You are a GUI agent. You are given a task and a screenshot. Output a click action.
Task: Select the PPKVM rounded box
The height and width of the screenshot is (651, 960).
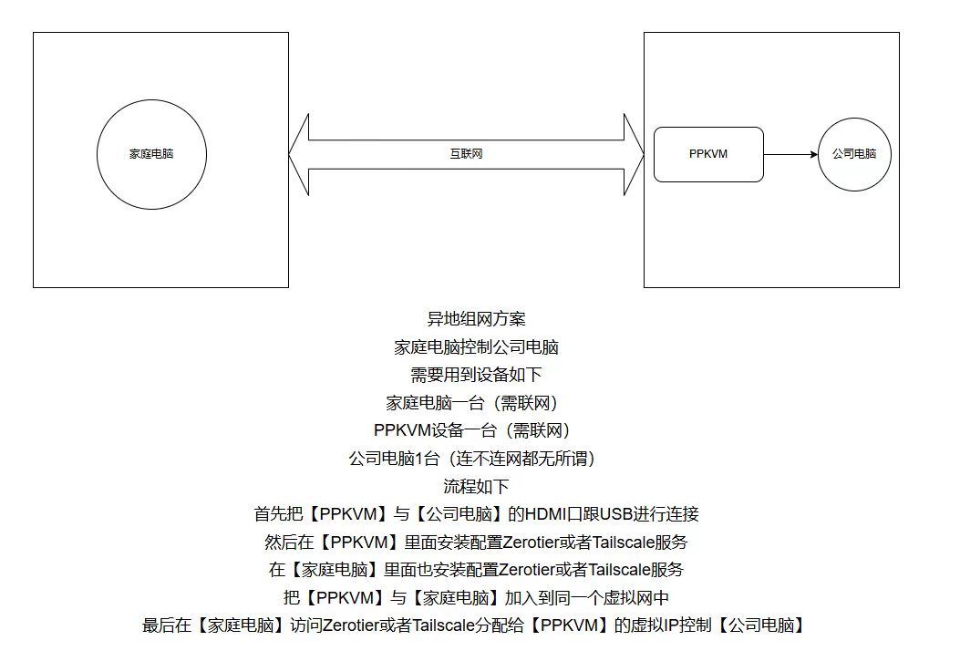click(x=708, y=154)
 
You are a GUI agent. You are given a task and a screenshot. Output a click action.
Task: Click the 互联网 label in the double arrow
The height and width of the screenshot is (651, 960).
click(x=466, y=154)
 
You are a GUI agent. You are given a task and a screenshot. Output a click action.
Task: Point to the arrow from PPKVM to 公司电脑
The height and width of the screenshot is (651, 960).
click(x=790, y=154)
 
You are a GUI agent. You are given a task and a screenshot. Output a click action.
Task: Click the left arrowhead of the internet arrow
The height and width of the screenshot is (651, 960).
click(x=299, y=154)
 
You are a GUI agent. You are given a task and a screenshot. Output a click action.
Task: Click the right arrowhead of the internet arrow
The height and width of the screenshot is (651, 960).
click(x=634, y=154)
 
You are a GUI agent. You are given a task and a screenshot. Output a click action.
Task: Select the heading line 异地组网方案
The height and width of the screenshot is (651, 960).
click(x=476, y=319)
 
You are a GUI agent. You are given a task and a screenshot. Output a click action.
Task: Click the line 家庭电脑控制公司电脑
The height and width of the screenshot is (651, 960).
click(x=476, y=347)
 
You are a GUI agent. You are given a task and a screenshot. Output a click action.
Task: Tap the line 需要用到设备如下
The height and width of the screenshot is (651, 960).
click(x=476, y=375)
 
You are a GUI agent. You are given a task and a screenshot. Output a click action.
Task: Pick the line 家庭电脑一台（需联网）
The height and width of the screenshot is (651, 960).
click(x=472, y=403)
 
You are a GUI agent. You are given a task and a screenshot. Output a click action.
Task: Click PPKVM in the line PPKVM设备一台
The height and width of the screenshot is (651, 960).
click(x=403, y=430)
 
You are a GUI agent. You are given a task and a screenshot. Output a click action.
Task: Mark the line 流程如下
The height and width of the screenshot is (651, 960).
click(x=476, y=486)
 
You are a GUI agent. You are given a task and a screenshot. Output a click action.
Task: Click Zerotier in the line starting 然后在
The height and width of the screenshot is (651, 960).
click(x=531, y=542)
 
